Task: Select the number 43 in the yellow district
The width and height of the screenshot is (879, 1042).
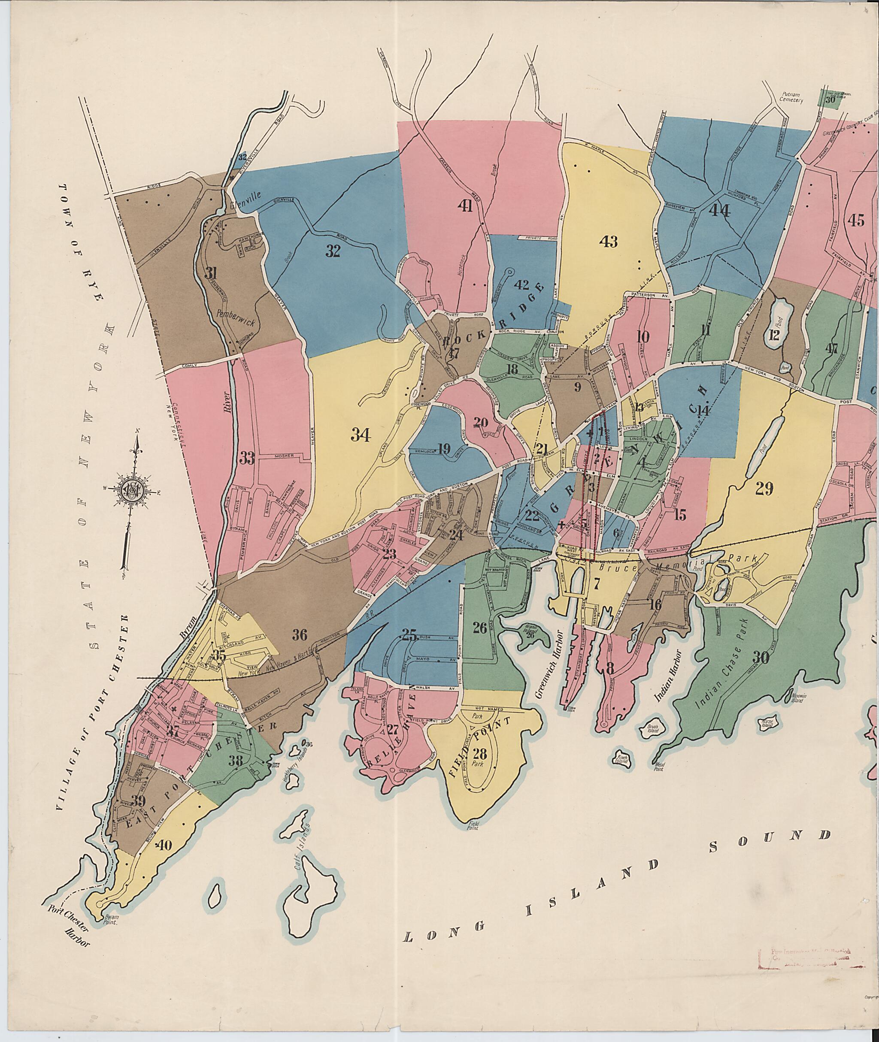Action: click(x=609, y=242)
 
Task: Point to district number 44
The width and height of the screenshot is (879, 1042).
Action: click(x=719, y=211)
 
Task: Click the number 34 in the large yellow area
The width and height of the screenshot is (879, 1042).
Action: click(x=361, y=435)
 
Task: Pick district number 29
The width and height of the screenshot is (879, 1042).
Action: click(x=764, y=489)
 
